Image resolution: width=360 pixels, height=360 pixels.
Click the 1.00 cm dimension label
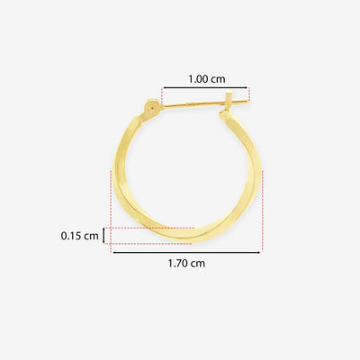click(x=207, y=79)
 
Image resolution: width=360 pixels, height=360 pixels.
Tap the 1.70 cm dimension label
click(x=186, y=264)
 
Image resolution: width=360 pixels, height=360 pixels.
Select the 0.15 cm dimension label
click(x=79, y=236)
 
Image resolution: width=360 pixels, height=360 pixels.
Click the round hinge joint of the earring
click(x=151, y=107)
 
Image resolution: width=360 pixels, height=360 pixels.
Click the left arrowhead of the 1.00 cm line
click(x=165, y=88)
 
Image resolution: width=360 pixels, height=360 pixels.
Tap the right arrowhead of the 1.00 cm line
click(x=246, y=88)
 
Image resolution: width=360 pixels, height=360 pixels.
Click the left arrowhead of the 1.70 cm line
click(x=115, y=253)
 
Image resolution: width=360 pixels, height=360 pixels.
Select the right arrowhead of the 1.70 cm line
click(x=258, y=253)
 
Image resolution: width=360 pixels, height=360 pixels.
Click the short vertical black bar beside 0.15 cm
click(x=103, y=236)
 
